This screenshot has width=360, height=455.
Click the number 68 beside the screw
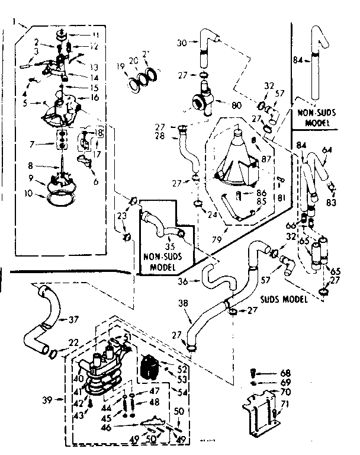[286, 373]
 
